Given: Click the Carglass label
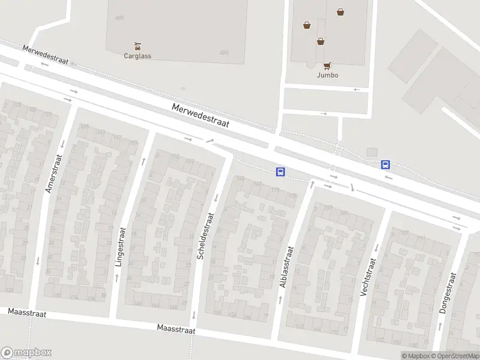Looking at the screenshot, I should coord(137,56).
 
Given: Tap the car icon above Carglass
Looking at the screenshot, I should coord(137,46).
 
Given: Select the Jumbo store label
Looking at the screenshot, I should coord(328,75).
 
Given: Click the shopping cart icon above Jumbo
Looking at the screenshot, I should coord(327,65).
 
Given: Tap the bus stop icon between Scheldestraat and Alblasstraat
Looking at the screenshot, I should coord(280,172).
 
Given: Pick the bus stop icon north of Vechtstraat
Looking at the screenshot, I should coord(385,164).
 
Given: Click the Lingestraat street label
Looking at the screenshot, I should coord(120,247).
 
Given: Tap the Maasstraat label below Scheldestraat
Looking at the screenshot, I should coord(176,329).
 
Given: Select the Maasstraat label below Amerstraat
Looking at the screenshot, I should coord(27,313).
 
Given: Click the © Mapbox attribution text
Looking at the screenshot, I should coord(415,356).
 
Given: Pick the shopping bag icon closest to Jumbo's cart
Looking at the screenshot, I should coord(321,41).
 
